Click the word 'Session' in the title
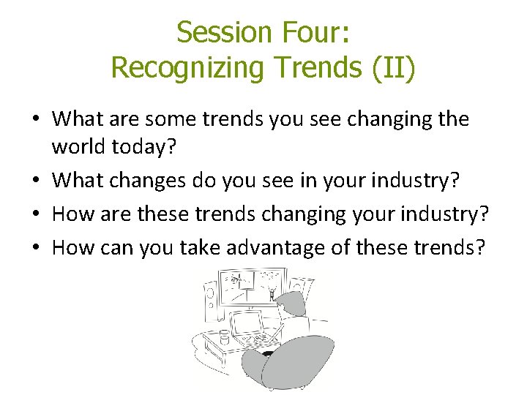[224, 33]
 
